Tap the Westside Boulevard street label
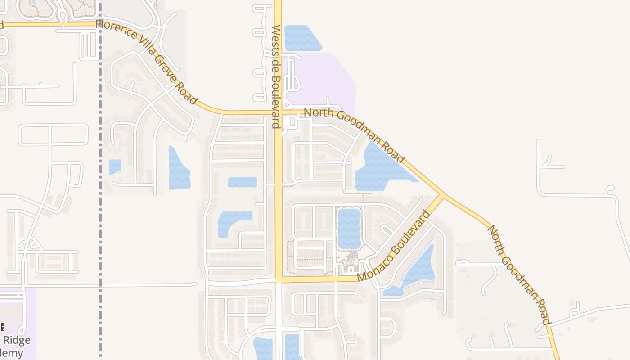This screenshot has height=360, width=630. pos(276,76)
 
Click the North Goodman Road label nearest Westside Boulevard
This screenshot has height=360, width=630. pos(354,135)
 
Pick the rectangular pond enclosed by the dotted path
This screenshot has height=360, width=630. pos(349,228)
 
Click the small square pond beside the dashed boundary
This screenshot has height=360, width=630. pos(115,166)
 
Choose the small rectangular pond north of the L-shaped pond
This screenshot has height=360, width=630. pos(242,182)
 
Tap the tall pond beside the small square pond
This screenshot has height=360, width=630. pos(179,169)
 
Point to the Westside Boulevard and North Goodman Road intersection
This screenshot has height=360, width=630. pos(278,112)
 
